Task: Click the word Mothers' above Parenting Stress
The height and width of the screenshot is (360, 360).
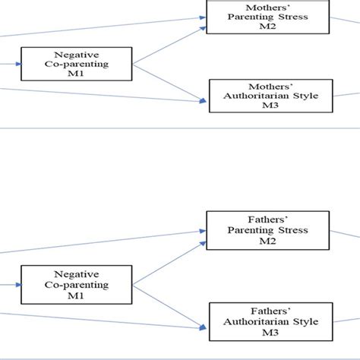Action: (x=268, y=8)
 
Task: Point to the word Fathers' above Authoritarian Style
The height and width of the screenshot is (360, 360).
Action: (x=270, y=311)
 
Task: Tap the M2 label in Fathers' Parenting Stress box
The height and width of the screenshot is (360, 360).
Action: (x=267, y=241)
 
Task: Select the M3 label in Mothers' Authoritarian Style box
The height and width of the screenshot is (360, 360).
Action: (x=270, y=105)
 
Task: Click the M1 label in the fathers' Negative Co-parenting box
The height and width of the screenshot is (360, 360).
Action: (x=76, y=295)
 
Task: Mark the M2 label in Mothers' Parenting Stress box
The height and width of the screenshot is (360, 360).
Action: (x=267, y=26)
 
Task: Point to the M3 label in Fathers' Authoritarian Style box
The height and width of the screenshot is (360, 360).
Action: (x=270, y=333)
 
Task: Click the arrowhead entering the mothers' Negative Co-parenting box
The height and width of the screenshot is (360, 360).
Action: (x=18, y=64)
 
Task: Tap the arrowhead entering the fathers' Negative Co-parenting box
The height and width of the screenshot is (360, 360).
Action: (x=18, y=285)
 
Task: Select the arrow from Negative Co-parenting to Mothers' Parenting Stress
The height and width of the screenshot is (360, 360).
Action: (x=169, y=46)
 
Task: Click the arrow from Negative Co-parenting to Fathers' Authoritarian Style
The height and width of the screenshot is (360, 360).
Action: (x=169, y=308)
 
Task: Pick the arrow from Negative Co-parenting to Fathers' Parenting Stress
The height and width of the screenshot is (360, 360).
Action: (x=169, y=264)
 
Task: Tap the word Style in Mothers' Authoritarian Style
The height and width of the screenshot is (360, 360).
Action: (x=305, y=96)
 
